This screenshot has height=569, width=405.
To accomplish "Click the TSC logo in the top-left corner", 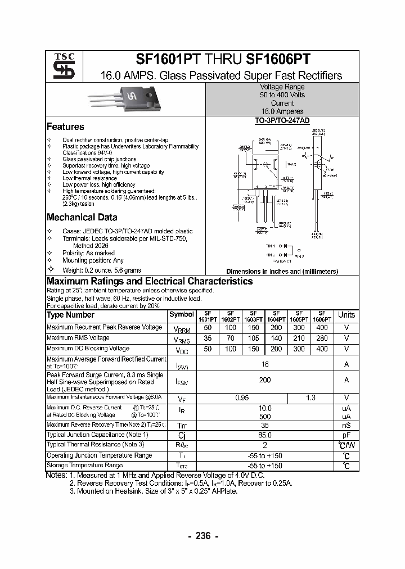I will (x=60, y=66).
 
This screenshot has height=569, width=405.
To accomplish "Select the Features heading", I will (x=65, y=127).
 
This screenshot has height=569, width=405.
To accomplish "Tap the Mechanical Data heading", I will (x=82, y=218).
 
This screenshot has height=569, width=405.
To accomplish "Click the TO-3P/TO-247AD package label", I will (x=282, y=121).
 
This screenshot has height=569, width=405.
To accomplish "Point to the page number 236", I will (x=202, y=536).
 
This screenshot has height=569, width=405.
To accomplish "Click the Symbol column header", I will (x=182, y=315).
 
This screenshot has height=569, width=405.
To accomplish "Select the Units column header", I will (x=346, y=315).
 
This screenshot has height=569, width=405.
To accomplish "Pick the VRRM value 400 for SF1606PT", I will (x=322, y=327).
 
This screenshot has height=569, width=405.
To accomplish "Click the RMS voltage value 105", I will (x=253, y=338).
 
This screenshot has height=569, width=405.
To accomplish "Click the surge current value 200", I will (x=265, y=380).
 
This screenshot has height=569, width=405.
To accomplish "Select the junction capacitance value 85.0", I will (x=265, y=435).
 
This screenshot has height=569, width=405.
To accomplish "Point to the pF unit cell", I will (x=346, y=435).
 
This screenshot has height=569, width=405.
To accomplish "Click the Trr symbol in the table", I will (x=182, y=426).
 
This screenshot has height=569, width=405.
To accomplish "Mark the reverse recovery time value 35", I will (x=265, y=426).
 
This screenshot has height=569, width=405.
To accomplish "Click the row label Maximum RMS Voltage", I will (x=78, y=338).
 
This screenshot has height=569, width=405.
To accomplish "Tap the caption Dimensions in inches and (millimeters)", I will (x=282, y=271).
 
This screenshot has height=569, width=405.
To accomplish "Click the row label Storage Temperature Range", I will (x=84, y=465).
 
